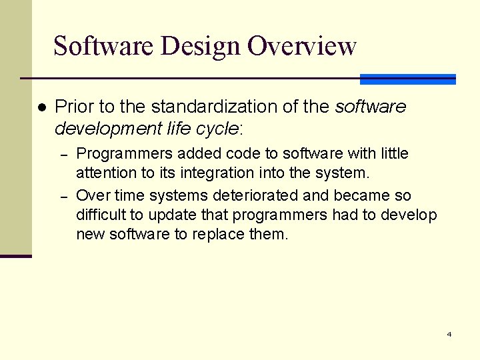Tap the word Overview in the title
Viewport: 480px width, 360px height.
[302, 46]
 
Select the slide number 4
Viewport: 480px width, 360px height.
[449, 334]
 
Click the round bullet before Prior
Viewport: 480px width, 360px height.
[41, 107]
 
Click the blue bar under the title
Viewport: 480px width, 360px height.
[407, 79]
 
